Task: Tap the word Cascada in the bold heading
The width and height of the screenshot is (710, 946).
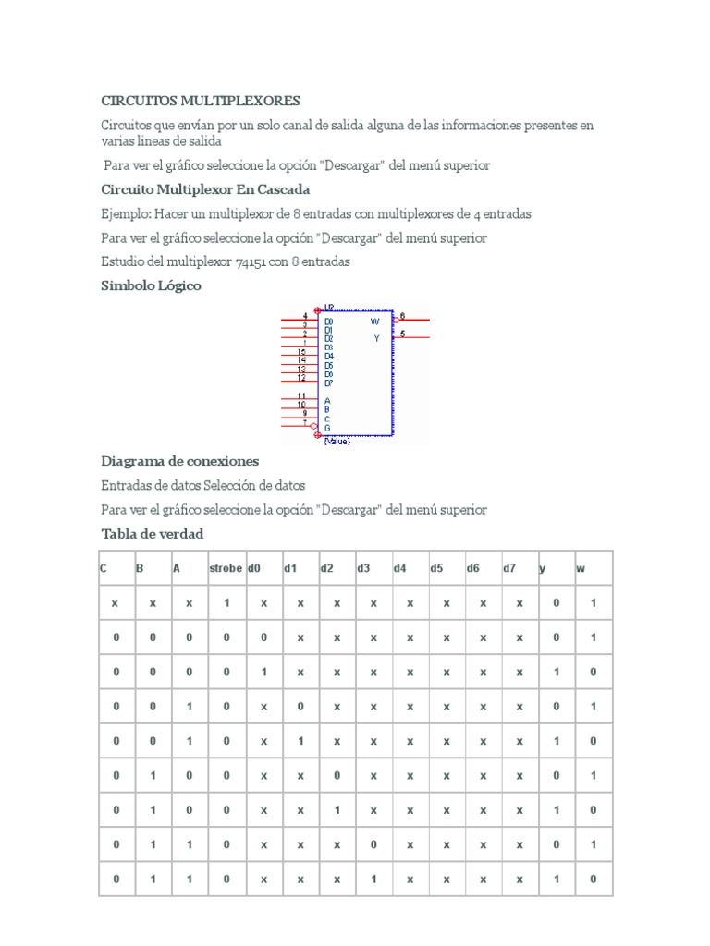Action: click(282, 189)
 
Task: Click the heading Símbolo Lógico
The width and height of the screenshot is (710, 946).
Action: click(151, 286)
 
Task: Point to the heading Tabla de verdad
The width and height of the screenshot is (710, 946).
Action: click(152, 534)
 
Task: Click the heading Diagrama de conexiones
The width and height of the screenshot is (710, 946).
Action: click(179, 461)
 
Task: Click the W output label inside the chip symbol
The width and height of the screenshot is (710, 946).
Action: click(374, 321)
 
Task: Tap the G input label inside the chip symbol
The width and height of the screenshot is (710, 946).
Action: click(327, 428)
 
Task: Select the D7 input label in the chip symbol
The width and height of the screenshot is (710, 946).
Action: click(329, 382)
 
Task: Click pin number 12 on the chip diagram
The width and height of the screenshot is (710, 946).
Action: click(301, 378)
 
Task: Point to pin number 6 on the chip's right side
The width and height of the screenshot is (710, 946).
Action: click(402, 316)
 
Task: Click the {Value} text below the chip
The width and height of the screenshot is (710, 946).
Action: click(337, 441)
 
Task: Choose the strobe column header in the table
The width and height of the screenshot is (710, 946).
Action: click(226, 568)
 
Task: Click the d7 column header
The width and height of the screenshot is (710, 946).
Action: click(509, 568)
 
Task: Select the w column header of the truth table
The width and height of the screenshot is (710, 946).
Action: click(581, 568)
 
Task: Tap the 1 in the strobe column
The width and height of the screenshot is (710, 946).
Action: click(226, 602)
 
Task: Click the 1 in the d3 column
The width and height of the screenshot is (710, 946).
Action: click(373, 879)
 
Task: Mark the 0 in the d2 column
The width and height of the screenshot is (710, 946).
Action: click(337, 775)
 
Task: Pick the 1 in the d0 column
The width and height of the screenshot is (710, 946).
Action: click(263, 672)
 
